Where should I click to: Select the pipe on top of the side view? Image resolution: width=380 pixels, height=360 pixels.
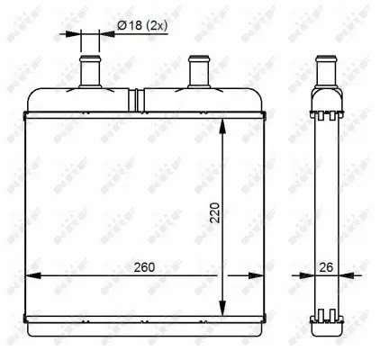point(326,70)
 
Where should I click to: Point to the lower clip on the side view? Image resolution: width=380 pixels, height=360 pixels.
point(326,316)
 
